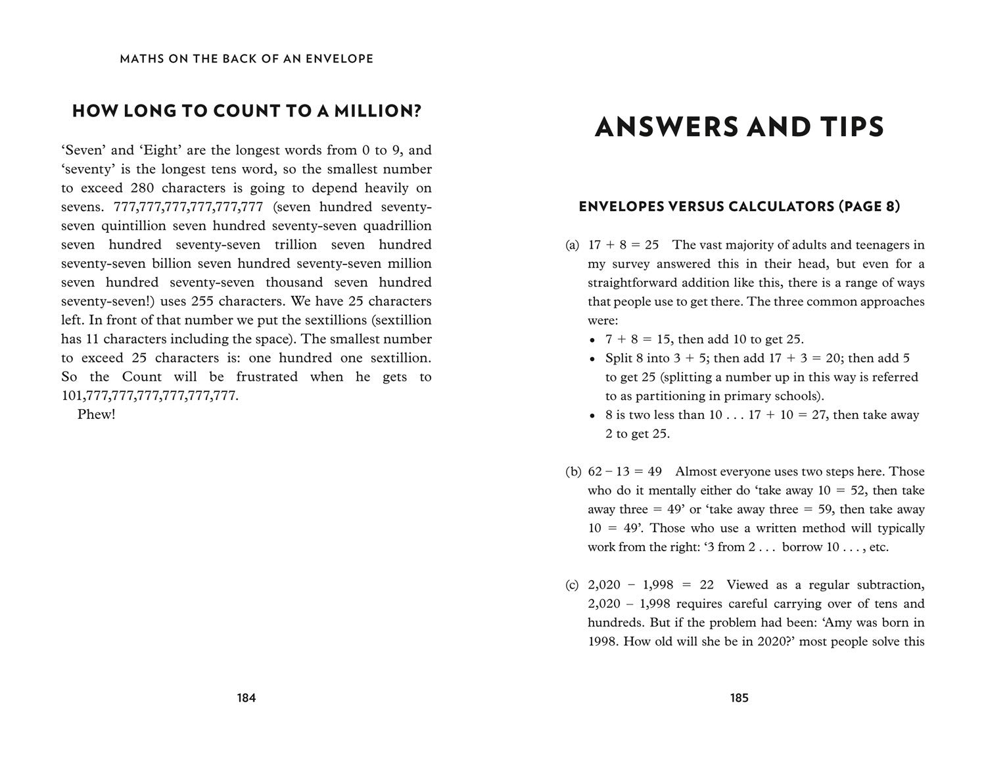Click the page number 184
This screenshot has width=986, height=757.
(x=246, y=698)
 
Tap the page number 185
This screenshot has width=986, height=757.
(x=739, y=698)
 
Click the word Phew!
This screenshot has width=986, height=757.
(x=96, y=414)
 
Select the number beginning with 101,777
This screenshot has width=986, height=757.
(x=149, y=396)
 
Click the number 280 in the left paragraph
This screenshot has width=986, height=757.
(x=142, y=187)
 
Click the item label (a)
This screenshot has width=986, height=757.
(x=572, y=245)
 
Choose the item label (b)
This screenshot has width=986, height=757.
(x=573, y=472)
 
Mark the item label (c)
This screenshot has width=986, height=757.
(x=572, y=585)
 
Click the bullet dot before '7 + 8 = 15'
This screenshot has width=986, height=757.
(x=592, y=341)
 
